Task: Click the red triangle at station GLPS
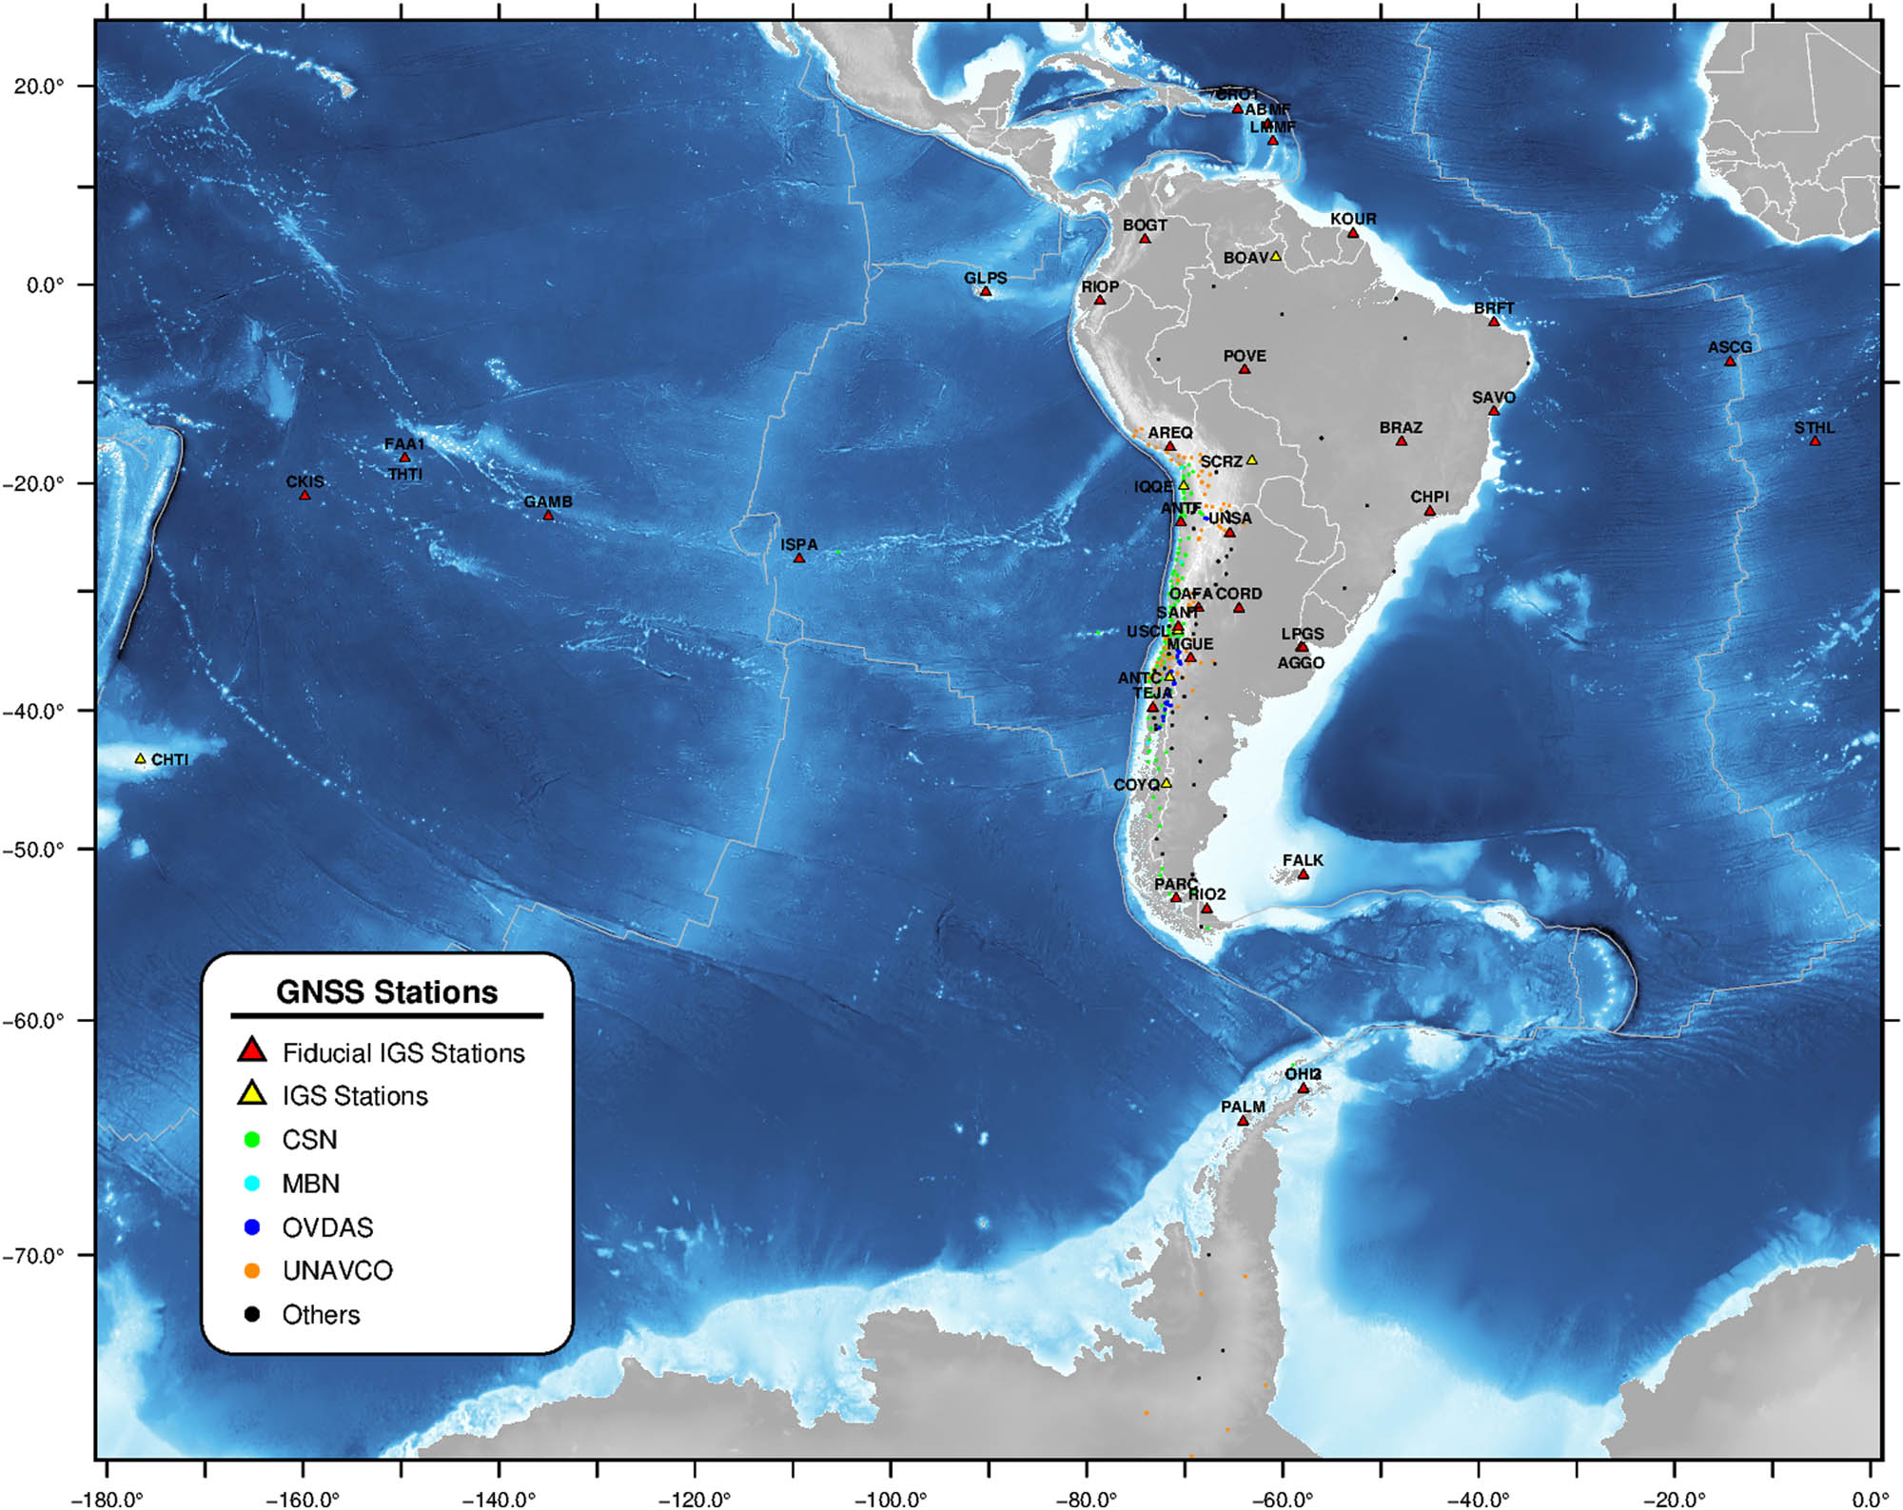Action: pos(986,291)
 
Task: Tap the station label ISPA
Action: pos(799,544)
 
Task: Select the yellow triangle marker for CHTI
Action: pos(141,759)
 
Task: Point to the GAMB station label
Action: pos(548,501)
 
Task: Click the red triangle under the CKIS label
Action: pos(304,495)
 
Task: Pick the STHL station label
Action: pos(1815,427)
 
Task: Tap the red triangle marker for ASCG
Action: pos(1730,361)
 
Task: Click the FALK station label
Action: pos(1303,860)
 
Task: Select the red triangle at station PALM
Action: pos(1243,1121)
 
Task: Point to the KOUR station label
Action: pos(1353,219)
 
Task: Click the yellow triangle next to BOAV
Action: pos(1276,257)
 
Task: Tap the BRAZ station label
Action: pos(1401,427)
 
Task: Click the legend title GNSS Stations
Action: pos(386,991)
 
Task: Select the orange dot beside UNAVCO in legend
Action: pos(252,1271)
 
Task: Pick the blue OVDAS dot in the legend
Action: pos(252,1227)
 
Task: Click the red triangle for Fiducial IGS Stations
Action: pos(252,1050)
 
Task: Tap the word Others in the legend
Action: pos(321,1315)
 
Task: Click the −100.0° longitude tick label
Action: pos(890,1500)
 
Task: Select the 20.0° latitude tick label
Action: pos(39,86)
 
